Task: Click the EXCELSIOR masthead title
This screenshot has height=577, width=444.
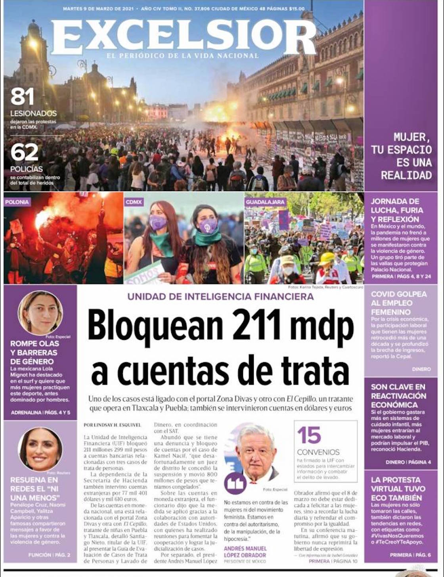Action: coord(183,36)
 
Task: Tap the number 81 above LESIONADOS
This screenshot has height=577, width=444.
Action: coord(22,97)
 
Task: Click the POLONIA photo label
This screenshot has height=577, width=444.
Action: coord(17,202)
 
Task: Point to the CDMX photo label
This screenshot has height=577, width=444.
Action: coord(134,202)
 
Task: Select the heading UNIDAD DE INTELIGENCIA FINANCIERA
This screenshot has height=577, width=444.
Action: coord(220,296)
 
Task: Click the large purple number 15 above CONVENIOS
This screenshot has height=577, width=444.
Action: coord(309,435)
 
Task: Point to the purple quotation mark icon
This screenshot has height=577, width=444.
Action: coord(235,483)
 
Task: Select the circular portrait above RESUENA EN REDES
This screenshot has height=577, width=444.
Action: coord(40,449)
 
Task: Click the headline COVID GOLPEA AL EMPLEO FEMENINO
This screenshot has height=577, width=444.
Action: coord(399,303)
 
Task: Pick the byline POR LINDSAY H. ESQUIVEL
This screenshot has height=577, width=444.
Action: coord(112,425)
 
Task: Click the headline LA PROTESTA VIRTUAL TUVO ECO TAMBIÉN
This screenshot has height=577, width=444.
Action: coord(398,489)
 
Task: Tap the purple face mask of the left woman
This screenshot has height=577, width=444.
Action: coord(158,223)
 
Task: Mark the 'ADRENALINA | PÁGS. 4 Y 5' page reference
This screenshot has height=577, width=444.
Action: coord(40,412)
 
